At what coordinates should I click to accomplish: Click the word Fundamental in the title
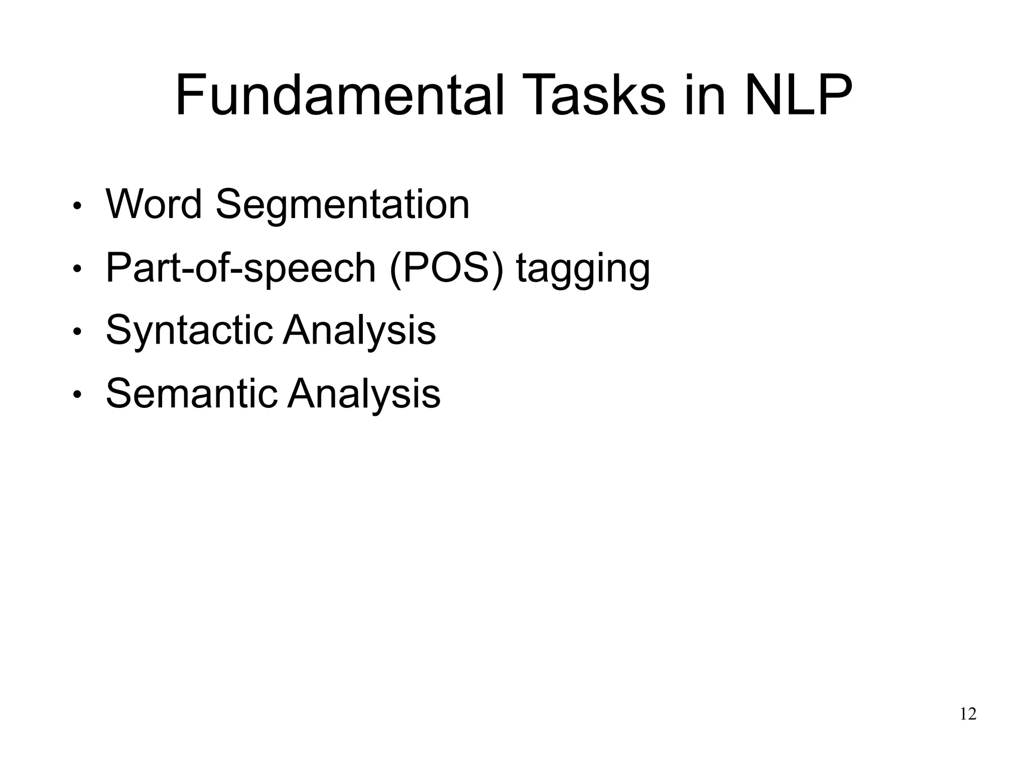tap(339, 95)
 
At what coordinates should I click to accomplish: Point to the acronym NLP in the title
tap(798, 95)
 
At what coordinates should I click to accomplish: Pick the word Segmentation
tap(342, 205)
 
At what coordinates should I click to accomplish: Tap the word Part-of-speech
tap(241, 269)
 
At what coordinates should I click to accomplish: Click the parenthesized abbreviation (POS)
tap(446, 269)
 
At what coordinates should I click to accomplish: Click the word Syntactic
tap(189, 332)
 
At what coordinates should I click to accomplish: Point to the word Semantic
tap(191, 394)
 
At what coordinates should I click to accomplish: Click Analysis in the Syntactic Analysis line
tap(359, 332)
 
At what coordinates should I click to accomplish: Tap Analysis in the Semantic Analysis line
tap(364, 394)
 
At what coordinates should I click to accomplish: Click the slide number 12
tap(968, 714)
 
